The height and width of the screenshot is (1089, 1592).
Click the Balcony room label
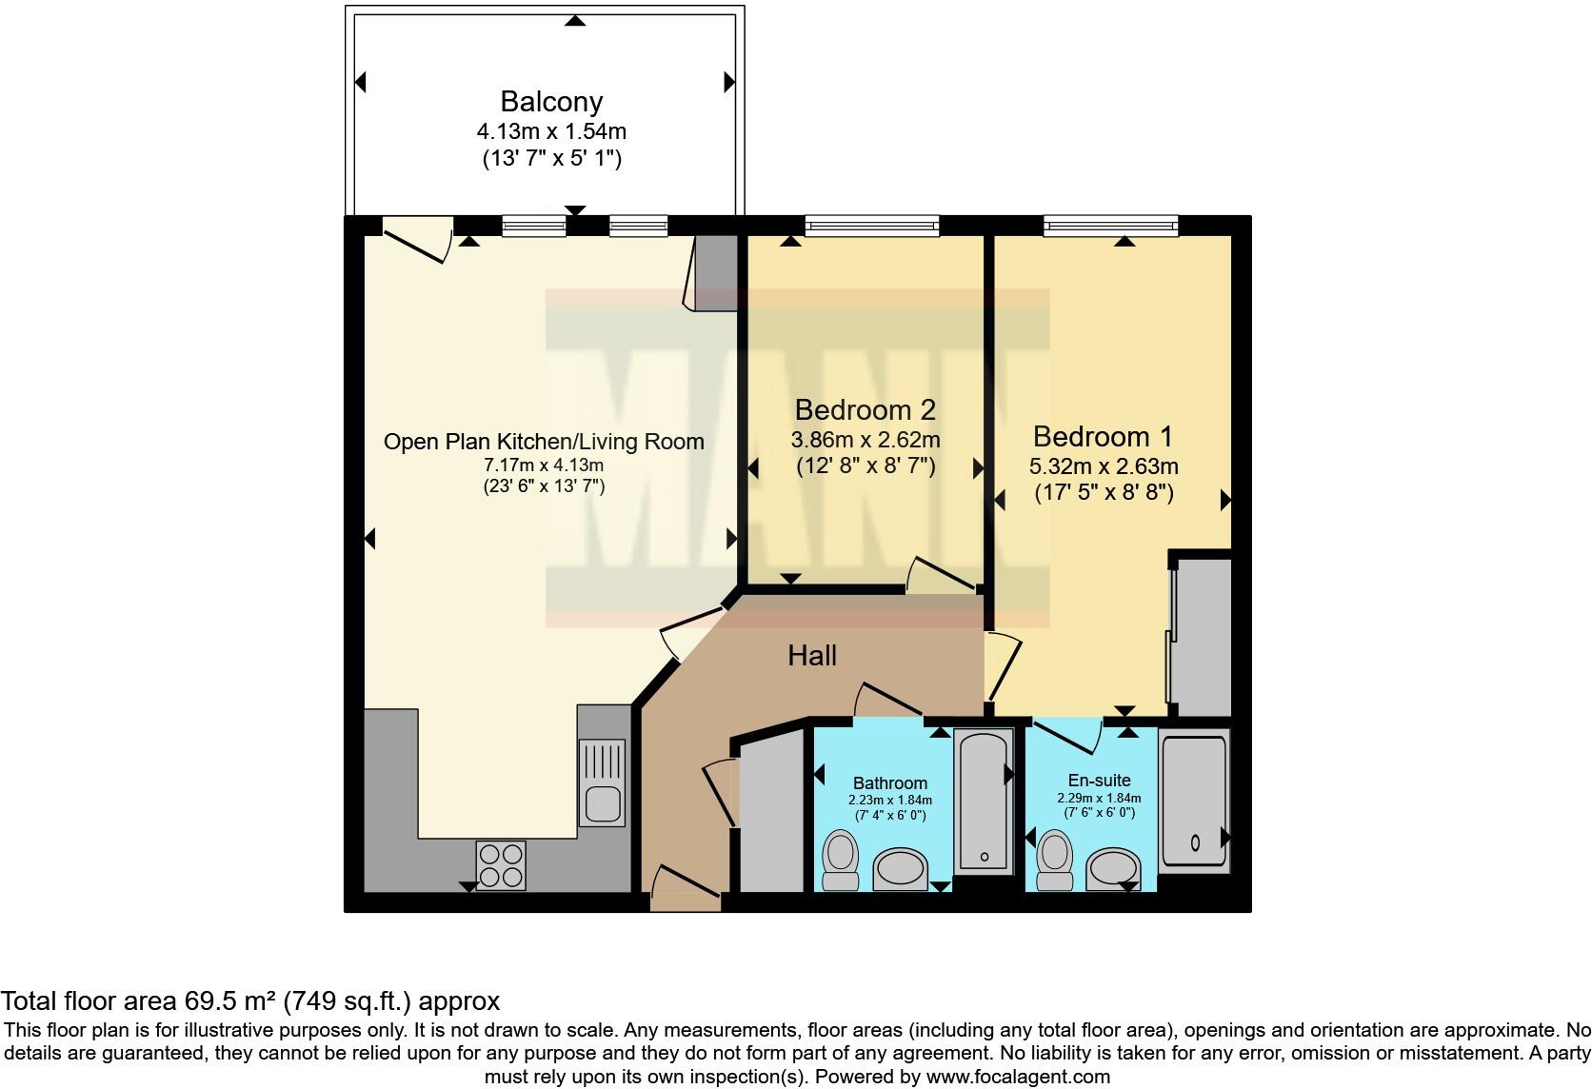pos(551,102)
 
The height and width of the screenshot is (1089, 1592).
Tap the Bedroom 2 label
pos(865,410)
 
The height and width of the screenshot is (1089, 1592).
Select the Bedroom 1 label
pos(1103,436)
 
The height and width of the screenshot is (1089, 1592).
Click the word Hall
pos(811,655)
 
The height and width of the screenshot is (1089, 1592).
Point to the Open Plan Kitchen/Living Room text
pos(544,442)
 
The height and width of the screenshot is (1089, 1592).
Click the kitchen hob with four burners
pos(501,865)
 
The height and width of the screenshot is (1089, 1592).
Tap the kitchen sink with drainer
pos(602,782)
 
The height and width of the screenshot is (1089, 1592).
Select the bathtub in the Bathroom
pos(984,801)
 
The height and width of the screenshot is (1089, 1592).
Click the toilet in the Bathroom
pos(840,860)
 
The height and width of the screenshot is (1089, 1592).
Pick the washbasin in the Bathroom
pos(900,868)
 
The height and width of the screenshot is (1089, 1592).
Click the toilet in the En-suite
pos(1055,861)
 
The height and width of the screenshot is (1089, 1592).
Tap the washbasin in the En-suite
pos(1114,868)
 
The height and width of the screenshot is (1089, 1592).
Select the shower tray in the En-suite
pos(1194,801)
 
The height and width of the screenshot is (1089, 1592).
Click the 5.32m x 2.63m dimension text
pos(1104,466)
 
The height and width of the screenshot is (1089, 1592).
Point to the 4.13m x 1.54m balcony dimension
pos(551,131)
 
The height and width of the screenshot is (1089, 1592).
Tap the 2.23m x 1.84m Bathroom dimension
pos(890,800)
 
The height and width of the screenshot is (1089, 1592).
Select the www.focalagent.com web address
pos(1018,1077)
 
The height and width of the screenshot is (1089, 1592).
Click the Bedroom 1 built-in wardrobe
pos(1200,637)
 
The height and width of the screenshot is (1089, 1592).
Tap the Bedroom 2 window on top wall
pos(872,226)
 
